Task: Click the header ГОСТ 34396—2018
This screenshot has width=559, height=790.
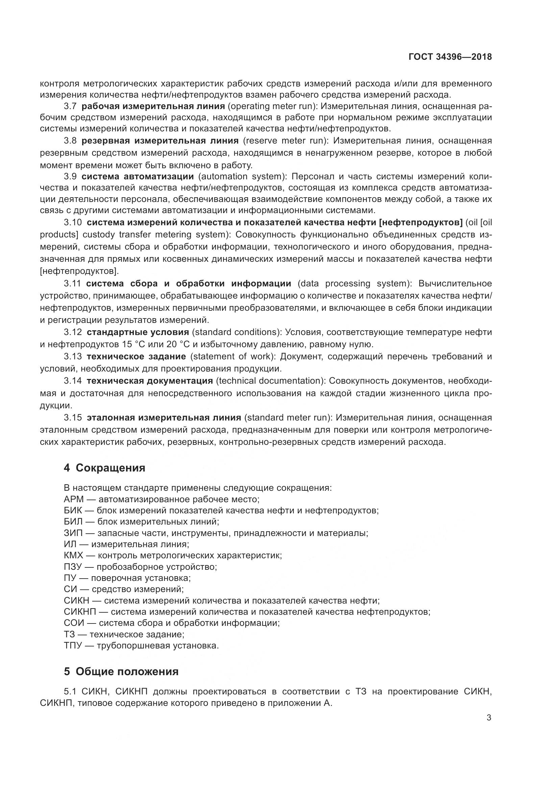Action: tap(450, 57)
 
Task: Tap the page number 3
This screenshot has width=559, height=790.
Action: tap(489, 718)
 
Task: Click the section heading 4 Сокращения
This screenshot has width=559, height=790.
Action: tap(104, 468)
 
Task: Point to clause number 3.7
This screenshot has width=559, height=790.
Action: tap(70, 106)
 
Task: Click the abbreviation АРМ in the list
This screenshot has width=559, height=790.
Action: tap(74, 499)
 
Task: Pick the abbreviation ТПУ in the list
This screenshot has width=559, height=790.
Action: tap(73, 645)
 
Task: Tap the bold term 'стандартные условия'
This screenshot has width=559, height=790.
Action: tap(138, 332)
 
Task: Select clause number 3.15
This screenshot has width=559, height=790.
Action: tap(73, 418)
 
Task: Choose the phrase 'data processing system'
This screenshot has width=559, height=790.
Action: tap(354, 283)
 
